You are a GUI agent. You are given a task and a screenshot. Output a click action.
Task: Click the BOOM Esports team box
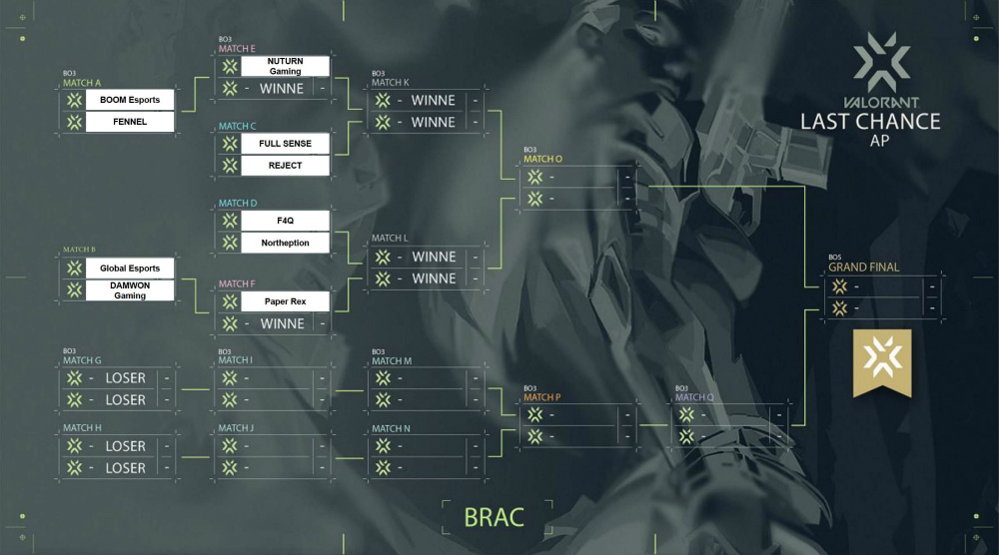[130, 100]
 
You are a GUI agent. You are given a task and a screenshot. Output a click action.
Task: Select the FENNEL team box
[130, 122]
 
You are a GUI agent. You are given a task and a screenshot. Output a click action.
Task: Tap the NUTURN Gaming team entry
[285, 66]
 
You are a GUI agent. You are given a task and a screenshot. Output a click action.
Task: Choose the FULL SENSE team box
[285, 144]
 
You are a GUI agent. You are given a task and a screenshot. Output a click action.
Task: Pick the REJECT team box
[285, 166]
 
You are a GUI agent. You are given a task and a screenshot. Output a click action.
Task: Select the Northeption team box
[285, 244]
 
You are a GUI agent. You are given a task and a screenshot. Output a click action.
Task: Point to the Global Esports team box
[130, 268]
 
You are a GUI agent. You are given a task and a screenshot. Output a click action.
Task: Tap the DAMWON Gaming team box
[130, 289]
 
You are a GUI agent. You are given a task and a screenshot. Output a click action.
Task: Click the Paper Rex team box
[285, 301]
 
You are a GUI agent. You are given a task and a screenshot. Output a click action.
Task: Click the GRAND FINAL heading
[863, 267]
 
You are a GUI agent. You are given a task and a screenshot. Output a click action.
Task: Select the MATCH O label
[542, 159]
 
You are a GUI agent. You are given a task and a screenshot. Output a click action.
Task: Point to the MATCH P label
[541, 396]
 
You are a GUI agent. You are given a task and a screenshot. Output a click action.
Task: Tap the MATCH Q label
[694, 396]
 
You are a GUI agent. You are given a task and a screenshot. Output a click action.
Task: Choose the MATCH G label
[82, 360]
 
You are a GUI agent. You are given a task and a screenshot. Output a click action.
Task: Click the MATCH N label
[391, 428]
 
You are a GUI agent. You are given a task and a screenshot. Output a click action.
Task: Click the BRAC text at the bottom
[494, 517]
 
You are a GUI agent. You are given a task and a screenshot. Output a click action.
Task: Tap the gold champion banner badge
[881, 361]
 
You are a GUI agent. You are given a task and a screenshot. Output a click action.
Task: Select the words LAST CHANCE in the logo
[870, 121]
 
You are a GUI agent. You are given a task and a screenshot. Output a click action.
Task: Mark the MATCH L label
[390, 239]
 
